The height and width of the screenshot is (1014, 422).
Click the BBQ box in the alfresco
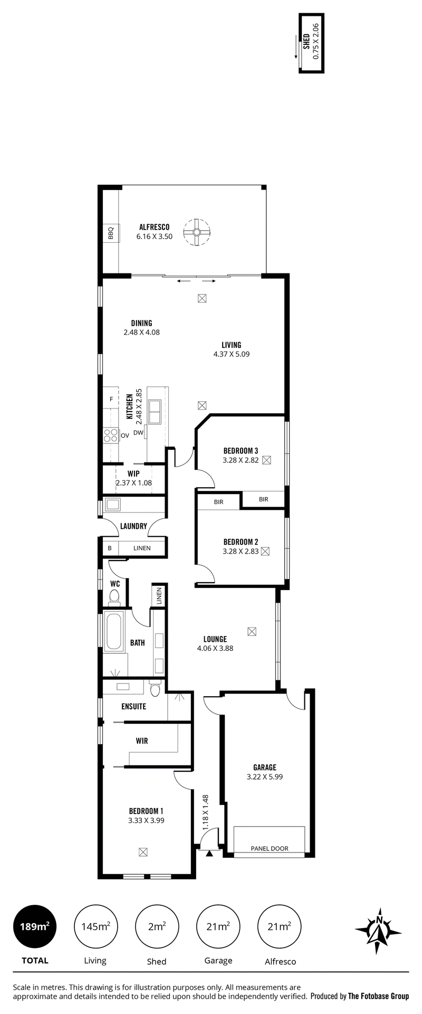[111, 233]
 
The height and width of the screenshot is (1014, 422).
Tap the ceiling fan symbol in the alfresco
[196, 232]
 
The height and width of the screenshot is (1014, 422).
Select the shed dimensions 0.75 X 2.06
[316, 41]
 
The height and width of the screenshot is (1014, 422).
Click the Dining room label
[141, 323]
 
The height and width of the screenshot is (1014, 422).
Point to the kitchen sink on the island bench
[156, 412]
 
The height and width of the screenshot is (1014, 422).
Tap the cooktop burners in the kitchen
[111, 435]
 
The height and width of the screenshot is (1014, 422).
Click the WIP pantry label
[133, 474]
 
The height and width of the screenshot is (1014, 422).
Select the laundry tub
[113, 504]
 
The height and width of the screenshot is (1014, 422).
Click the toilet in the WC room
[114, 597]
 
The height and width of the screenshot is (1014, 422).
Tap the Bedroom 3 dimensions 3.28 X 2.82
[241, 460]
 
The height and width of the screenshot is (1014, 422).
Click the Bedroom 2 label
[241, 542]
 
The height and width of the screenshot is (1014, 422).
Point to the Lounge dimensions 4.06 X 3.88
[215, 648]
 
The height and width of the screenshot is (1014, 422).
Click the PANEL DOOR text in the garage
[270, 849]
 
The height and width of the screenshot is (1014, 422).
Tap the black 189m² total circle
[35, 926]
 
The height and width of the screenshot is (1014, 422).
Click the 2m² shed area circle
[157, 926]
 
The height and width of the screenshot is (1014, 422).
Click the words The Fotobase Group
[378, 996]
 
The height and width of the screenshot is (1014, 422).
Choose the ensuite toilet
[155, 689]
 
